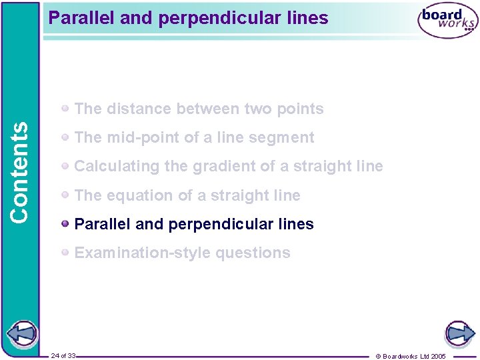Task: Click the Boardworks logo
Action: pyautogui.click(x=447, y=22)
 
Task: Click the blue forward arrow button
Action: pyautogui.click(x=459, y=333)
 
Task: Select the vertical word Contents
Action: pyautogui.click(x=20, y=171)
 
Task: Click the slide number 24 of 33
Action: pyautogui.click(x=63, y=356)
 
